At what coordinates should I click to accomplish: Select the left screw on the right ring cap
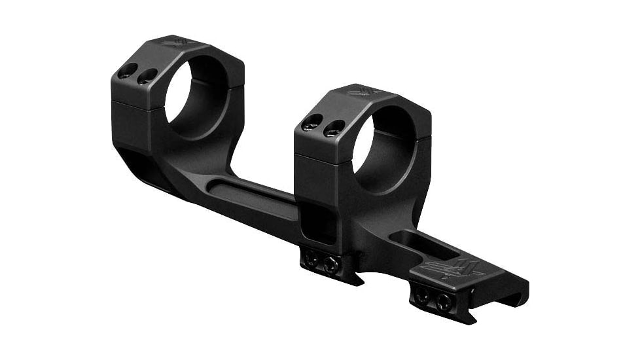pyautogui.click(x=313, y=120)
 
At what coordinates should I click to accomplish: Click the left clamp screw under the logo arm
pyautogui.click(x=422, y=296)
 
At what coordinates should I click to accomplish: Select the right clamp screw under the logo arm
pyautogui.click(x=444, y=302)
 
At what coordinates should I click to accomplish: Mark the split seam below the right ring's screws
pyautogui.click(x=321, y=156)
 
